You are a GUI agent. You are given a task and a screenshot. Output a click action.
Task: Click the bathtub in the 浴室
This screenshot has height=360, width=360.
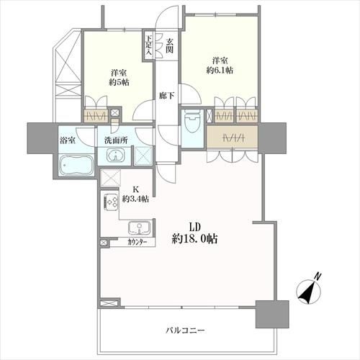(76, 166)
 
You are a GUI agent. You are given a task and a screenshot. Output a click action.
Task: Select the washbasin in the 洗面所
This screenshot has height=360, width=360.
(115, 155)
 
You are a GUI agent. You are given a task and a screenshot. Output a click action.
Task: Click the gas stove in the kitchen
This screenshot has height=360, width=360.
(110, 203)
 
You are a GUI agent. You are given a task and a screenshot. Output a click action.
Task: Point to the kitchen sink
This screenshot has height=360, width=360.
(139, 228)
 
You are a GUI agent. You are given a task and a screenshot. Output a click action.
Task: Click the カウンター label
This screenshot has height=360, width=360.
(138, 242)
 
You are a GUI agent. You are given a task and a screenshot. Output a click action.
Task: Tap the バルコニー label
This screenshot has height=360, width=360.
(185, 330)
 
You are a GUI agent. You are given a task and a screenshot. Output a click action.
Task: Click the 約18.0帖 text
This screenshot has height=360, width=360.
(194, 238)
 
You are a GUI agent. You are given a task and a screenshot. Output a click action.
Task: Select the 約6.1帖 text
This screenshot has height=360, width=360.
(220, 71)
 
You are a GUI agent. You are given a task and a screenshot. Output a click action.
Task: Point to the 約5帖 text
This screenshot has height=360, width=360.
(119, 82)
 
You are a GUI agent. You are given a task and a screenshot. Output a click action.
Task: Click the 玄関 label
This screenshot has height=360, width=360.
(170, 45)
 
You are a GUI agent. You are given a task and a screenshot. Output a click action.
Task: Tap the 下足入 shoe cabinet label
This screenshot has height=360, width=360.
(149, 46)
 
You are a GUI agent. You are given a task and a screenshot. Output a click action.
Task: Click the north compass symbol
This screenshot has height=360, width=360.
(309, 291)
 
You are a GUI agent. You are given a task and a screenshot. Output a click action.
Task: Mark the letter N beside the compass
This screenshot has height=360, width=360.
(318, 276)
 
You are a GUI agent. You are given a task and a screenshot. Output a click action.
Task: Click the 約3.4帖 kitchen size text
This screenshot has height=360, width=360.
(135, 199)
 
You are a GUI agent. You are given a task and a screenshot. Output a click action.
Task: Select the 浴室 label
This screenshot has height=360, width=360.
(68, 140)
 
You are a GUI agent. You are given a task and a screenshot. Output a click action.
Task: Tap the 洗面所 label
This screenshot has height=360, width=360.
(116, 140)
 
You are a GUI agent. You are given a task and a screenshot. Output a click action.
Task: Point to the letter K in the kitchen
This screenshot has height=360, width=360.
(135, 189)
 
